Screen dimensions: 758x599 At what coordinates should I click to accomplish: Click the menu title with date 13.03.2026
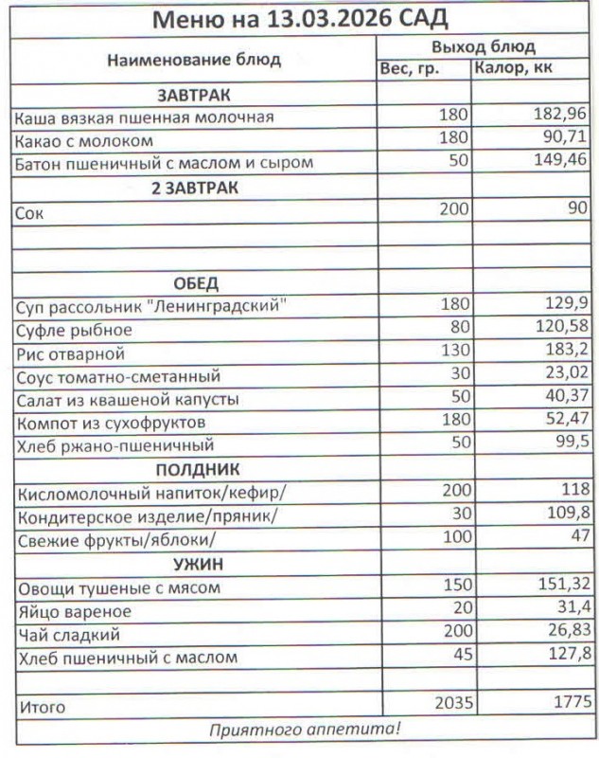300,18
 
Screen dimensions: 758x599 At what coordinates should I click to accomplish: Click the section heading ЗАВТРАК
194,95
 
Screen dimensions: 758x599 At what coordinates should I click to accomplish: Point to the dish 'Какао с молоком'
84,140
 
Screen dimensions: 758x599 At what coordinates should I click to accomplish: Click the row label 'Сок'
29,213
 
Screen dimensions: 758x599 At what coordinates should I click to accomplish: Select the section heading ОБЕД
195,283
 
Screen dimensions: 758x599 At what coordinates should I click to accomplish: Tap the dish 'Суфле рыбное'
74,331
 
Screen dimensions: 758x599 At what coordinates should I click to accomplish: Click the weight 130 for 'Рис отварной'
455,353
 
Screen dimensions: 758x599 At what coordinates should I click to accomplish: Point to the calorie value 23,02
565,376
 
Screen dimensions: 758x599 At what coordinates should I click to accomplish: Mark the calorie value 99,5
571,445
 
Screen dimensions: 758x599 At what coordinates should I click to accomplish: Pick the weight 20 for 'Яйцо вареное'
459,611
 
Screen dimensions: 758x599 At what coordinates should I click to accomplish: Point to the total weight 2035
449,704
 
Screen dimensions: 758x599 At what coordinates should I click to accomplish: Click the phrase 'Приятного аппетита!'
305,729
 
